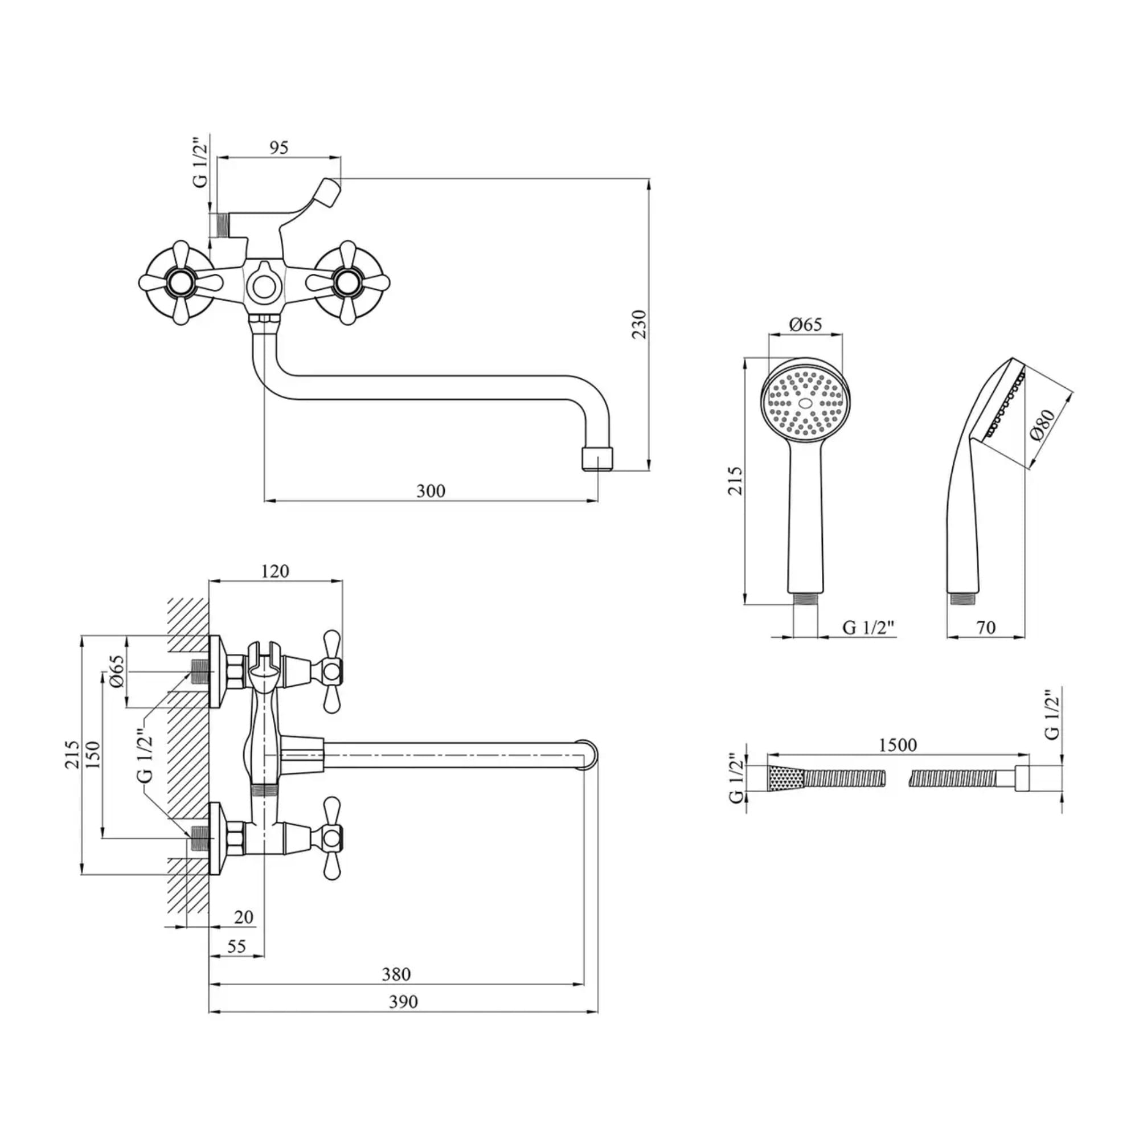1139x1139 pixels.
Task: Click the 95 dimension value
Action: tap(279, 148)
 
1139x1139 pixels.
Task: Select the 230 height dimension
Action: tap(640, 323)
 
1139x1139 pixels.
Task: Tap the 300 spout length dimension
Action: tap(431, 491)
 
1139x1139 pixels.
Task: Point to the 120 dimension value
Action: tap(275, 571)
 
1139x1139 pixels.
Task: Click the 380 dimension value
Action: tap(396, 974)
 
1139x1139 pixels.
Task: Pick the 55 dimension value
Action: tap(236, 947)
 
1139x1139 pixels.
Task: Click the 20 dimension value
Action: tap(244, 917)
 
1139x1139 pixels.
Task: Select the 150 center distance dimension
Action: tap(94, 754)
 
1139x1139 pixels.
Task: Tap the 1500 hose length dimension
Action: tap(898, 745)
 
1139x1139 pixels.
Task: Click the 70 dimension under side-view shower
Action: tap(986, 628)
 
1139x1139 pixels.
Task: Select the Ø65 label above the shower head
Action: tap(805, 324)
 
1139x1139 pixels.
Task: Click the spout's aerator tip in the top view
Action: tap(597, 458)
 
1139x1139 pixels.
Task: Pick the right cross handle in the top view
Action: tap(348, 282)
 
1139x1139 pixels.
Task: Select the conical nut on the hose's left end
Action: tap(785, 778)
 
